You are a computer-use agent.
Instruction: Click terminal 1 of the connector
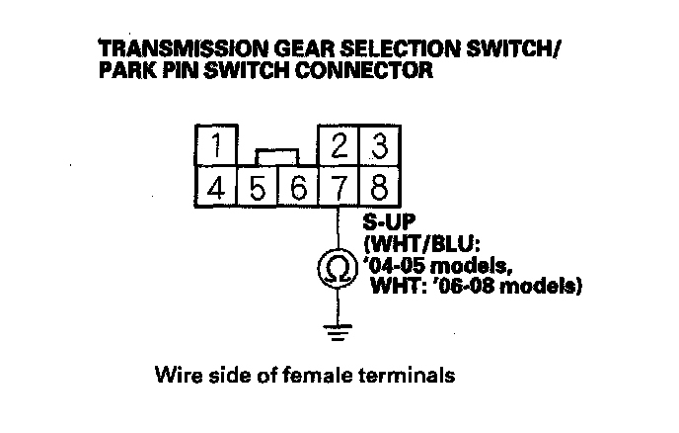(215, 147)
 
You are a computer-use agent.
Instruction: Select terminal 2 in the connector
(339, 147)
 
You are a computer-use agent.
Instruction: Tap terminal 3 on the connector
(377, 147)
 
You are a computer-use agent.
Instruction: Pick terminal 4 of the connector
(215, 187)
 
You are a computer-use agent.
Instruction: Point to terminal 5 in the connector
(257, 187)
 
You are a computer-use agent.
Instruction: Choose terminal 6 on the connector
(297, 187)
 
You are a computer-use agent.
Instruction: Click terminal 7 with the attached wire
(339, 187)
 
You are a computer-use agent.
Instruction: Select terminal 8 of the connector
(377, 187)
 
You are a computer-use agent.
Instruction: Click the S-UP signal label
(388, 222)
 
